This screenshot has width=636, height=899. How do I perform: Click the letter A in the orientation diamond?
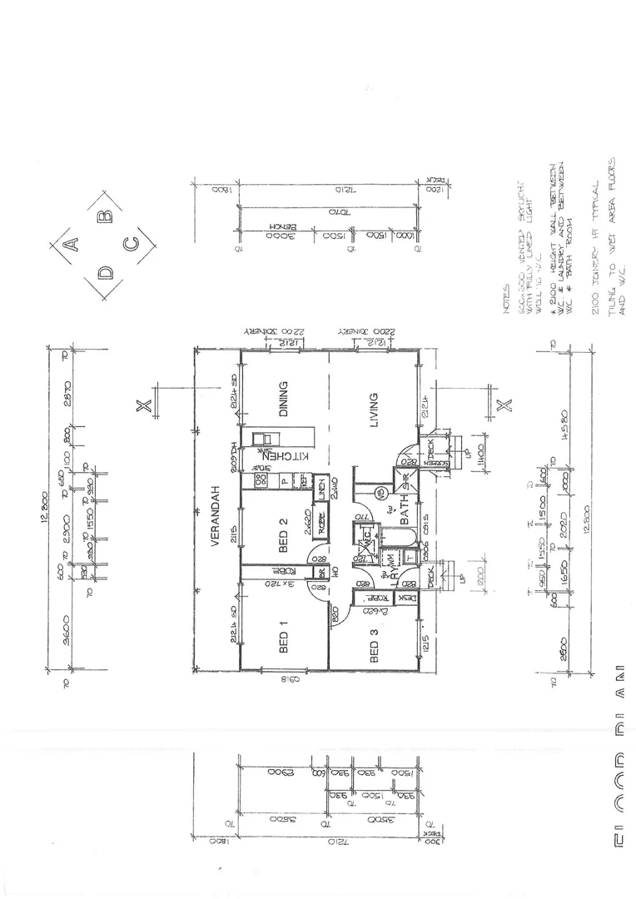[72, 244]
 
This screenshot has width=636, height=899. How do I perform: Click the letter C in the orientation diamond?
[131, 245]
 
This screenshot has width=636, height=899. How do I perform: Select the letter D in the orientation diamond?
[105, 272]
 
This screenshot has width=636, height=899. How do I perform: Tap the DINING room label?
[283, 400]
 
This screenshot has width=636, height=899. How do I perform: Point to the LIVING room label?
[374, 410]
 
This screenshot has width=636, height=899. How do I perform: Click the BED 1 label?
[283, 637]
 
